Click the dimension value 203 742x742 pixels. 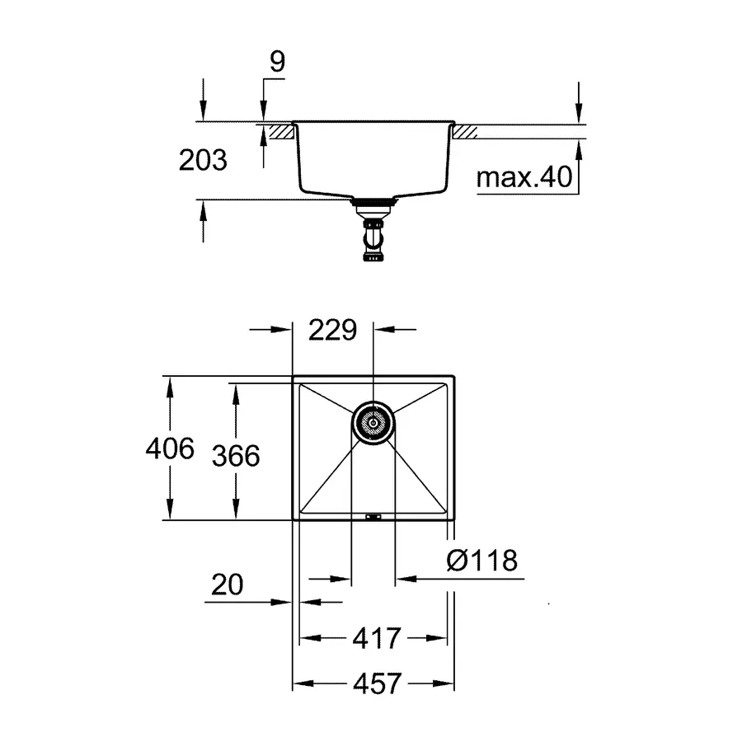pyautogui.click(x=203, y=159)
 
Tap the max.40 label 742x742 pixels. pyautogui.click(x=524, y=178)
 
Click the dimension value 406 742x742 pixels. pyautogui.click(x=169, y=449)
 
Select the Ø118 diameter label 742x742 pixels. pyautogui.click(x=482, y=561)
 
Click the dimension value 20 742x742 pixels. pyautogui.click(x=227, y=585)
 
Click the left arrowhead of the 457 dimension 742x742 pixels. pyautogui.click(x=300, y=683)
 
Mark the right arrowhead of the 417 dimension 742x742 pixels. pyautogui.click(x=440, y=637)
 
